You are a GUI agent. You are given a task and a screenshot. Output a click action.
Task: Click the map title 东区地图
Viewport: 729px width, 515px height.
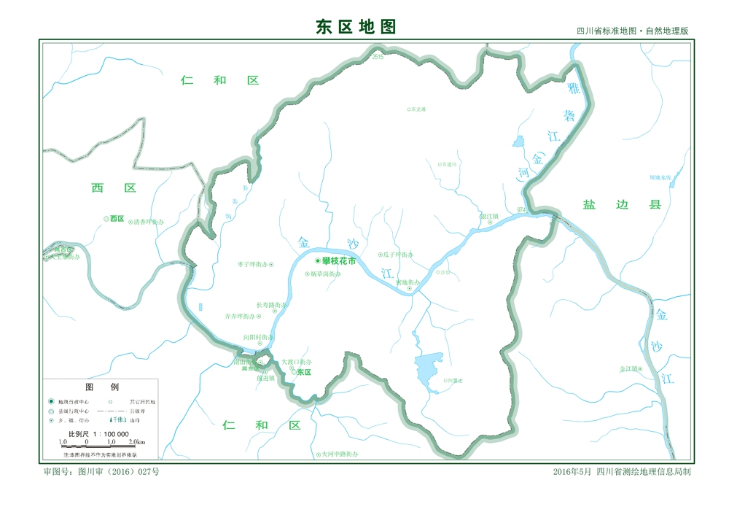(x=356, y=27)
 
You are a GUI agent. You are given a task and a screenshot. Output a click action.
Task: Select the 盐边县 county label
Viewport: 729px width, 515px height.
(x=621, y=205)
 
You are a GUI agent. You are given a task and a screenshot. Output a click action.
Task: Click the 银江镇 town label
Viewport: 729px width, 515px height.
(x=489, y=216)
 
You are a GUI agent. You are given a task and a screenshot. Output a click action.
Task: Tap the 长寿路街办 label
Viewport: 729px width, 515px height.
(x=270, y=305)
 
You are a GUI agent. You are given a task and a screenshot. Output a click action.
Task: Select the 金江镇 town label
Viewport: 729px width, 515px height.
(x=628, y=368)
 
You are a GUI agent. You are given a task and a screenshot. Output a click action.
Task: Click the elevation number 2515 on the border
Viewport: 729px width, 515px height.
(x=377, y=57)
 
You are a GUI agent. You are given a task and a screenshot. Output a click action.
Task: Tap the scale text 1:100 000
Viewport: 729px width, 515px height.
(x=107, y=433)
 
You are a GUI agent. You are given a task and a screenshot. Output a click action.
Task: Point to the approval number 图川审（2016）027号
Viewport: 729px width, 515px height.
(x=101, y=472)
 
